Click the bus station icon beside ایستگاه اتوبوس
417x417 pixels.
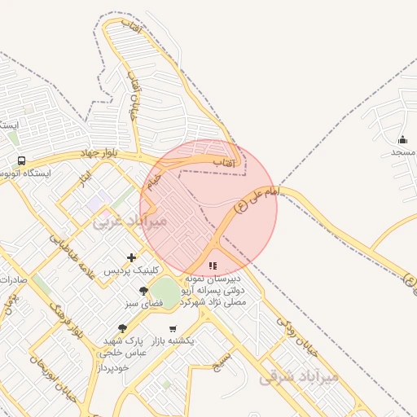pyautogui.click(x=22, y=160)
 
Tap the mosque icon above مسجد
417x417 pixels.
pyautogui.click(x=402, y=140)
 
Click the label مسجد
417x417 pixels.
pyautogui.click(x=403, y=152)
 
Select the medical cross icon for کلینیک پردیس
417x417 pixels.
pyautogui.click(x=132, y=257)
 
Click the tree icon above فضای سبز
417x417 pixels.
pyautogui.click(x=144, y=291)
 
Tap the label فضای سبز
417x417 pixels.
pyautogui.click(x=144, y=303)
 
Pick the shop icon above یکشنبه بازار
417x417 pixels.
pyautogui.click(x=172, y=328)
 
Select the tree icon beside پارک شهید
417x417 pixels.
pyautogui.click(x=122, y=328)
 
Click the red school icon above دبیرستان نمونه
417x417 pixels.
pyautogui.click(x=213, y=266)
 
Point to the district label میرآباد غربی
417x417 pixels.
pyautogui.click(x=129, y=221)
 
